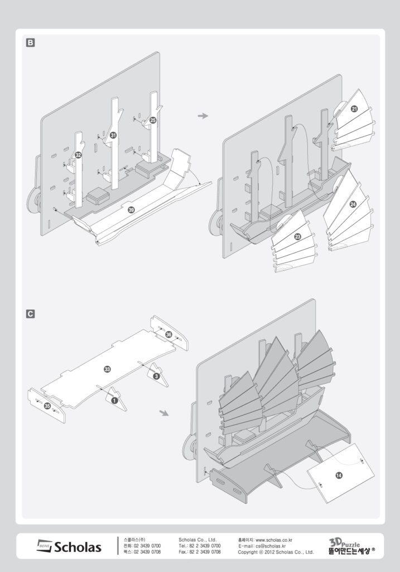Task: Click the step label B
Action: [x=31, y=42]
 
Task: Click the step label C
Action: [x=31, y=314]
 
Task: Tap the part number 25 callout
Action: [x=153, y=120]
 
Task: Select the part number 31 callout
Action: [x=113, y=135]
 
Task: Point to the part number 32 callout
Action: [x=79, y=155]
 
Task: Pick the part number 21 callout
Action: [x=354, y=109]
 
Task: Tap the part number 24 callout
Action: [x=353, y=205]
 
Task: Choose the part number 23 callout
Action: [x=297, y=237]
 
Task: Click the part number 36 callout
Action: [x=168, y=334]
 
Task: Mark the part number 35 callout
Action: [x=47, y=405]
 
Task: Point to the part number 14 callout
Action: [x=339, y=475]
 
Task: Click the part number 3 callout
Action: [x=156, y=377]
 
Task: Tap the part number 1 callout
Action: [x=114, y=400]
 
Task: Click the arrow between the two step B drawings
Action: [x=203, y=116]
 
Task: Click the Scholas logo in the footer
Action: [x=69, y=546]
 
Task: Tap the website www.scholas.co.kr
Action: [x=273, y=540]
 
